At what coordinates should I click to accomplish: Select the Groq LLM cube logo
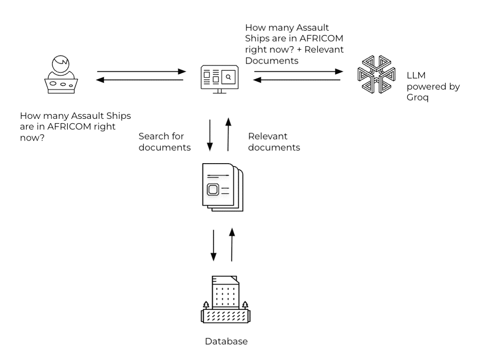pos(376,74)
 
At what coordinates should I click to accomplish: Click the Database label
pos(227,341)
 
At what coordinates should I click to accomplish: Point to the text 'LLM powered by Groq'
pos(433,86)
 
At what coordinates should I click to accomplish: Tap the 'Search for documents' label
pos(165,141)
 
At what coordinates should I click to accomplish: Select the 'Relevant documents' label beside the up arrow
pos(274,141)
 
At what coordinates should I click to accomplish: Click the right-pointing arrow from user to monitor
pos(141,71)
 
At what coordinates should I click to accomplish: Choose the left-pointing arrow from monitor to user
pos(140,80)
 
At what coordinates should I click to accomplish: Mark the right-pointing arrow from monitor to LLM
pos(298,71)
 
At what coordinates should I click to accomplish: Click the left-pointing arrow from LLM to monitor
pos(297,80)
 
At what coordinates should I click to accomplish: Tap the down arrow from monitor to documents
pos(210,135)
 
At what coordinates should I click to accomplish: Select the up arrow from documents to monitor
pos(228,134)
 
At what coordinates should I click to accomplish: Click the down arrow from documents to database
pos(213,245)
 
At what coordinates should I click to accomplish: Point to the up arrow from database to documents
pos(231,245)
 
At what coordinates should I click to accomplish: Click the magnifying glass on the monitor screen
pos(229,77)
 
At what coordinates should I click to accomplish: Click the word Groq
pos(417,98)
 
